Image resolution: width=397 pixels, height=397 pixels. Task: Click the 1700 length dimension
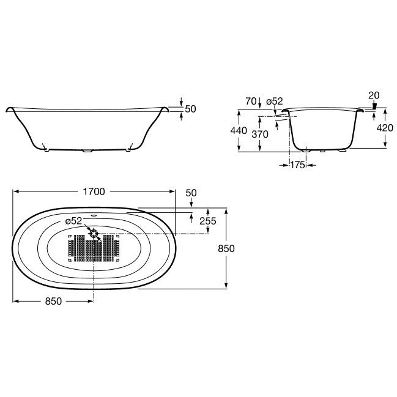click(x=94, y=191)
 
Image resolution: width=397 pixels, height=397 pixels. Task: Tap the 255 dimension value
click(x=208, y=221)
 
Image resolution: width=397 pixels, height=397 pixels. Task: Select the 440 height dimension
click(x=239, y=131)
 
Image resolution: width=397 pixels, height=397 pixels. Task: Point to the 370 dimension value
click(x=260, y=134)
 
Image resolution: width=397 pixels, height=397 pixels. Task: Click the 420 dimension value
click(x=385, y=128)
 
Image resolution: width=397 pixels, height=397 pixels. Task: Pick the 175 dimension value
click(x=297, y=165)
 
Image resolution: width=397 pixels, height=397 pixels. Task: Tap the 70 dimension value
click(x=251, y=102)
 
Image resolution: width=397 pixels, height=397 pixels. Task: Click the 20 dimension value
click(x=374, y=95)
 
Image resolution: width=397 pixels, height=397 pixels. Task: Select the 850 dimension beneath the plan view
click(x=53, y=302)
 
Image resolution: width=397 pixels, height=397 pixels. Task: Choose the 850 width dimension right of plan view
click(x=226, y=248)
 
